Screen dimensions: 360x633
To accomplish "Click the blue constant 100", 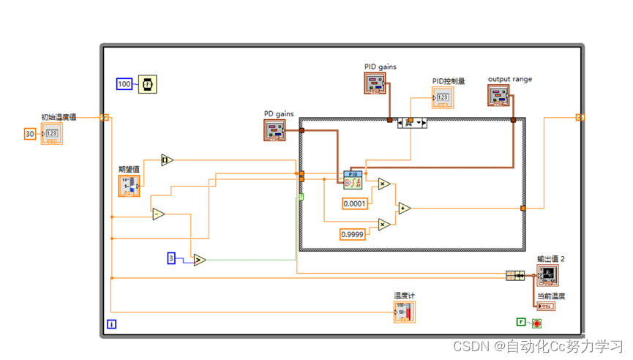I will coord(124,84).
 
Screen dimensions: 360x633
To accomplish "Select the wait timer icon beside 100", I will coord(149,84).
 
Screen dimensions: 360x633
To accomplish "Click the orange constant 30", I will coord(30,134).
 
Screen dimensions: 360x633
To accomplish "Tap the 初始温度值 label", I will coord(59,116).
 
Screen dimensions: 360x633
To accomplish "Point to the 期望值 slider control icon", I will coord(129,186).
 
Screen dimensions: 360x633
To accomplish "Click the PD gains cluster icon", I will coord(275,130).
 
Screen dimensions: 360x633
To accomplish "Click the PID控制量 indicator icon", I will coord(442,97).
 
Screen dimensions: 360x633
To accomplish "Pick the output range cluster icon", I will coord(500,95).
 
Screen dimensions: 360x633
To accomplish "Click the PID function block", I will coord(353,179).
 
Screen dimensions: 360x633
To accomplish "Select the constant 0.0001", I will coord(355,203).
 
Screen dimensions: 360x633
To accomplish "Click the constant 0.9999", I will coord(353,234).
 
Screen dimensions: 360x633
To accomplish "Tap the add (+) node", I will coord(403,209).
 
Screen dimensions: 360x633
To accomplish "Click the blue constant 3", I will coord(172,258).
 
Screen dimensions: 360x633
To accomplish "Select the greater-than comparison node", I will coord(200,260).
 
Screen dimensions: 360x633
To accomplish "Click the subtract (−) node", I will coord(158,214).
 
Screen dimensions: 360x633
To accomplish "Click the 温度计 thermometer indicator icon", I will coord(404,312).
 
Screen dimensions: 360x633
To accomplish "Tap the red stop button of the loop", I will coord(536,323).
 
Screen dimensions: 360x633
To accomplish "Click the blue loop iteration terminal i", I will coord(111,324).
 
